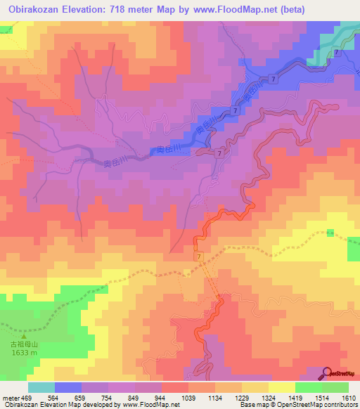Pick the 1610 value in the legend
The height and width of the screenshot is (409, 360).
(349, 397)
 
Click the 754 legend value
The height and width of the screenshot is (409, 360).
(108, 397)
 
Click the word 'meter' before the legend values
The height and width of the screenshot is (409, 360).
(9, 397)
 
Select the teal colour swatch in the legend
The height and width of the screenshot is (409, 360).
(41, 387)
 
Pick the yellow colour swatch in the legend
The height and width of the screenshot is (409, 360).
(281, 387)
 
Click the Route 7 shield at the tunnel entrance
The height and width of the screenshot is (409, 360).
(199, 258)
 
